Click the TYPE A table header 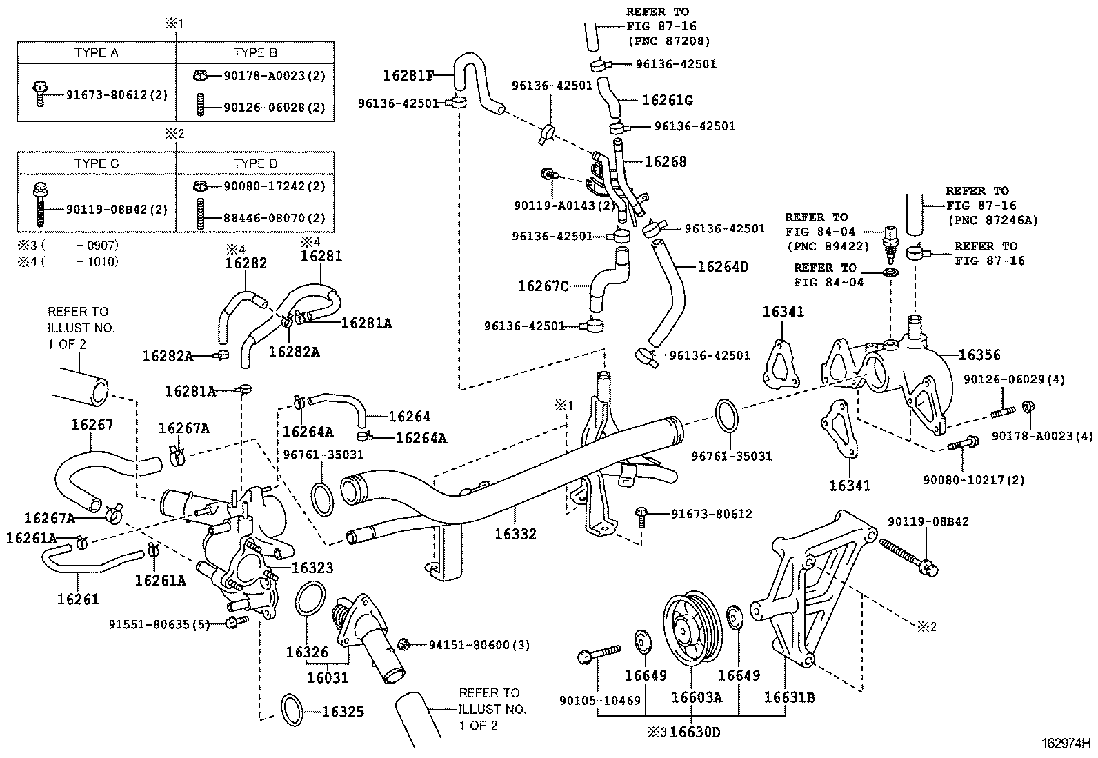(x=96, y=53)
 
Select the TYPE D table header (x=255, y=163)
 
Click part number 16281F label (x=409, y=75)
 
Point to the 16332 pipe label (x=515, y=534)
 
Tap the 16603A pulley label (x=696, y=697)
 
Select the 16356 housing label (x=979, y=355)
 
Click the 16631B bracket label (x=789, y=697)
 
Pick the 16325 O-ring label (x=343, y=712)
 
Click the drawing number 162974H (x=1066, y=744)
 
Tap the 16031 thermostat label (x=328, y=677)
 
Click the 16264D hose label (x=722, y=267)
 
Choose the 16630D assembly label (x=695, y=732)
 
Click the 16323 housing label (x=312, y=568)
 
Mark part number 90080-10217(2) (x=974, y=479)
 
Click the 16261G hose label (x=667, y=100)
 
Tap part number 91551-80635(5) (x=159, y=624)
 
